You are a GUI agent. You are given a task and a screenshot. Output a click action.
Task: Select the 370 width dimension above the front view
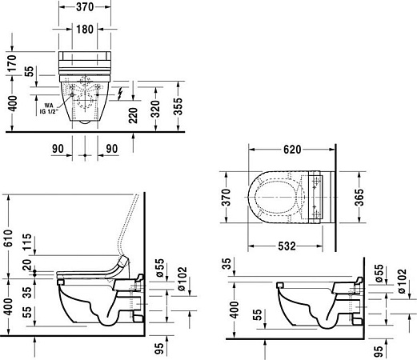[84, 6]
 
